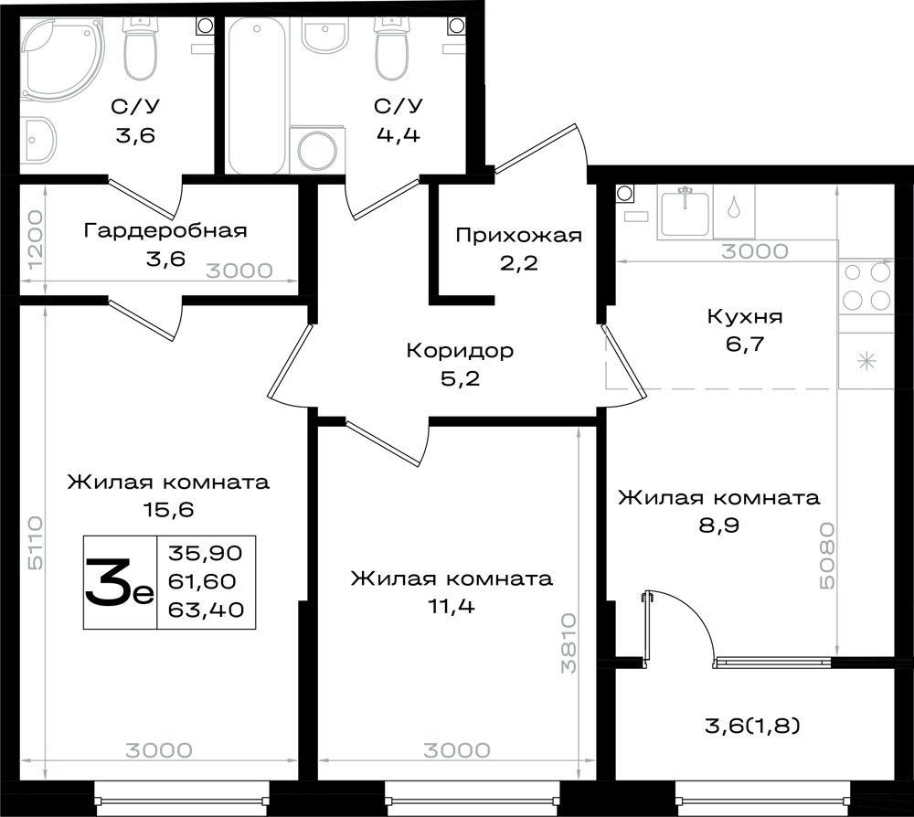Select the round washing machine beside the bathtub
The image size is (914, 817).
316,150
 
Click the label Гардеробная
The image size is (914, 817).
165,231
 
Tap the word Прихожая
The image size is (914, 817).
519,236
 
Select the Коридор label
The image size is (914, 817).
460,351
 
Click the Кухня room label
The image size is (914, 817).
745,317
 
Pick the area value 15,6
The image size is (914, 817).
168,510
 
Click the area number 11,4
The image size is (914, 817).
452,607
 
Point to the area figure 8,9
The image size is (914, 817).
718,525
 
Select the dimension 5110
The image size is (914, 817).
35,543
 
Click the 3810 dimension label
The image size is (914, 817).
569,643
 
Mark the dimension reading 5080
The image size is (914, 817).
826,556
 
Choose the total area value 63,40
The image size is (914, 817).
206,610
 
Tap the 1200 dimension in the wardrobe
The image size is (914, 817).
35,239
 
